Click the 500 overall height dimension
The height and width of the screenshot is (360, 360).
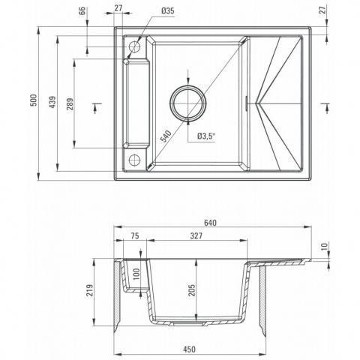(x=34, y=100)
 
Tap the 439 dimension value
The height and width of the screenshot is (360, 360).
(x=52, y=102)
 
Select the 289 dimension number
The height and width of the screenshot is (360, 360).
(x=70, y=104)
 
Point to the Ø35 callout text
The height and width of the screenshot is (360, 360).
(x=168, y=11)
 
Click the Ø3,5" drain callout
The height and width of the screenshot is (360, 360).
(x=206, y=136)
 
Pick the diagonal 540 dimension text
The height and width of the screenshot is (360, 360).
(x=166, y=136)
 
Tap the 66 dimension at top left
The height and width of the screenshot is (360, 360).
(x=82, y=11)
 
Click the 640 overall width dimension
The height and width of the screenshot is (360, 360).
(x=210, y=223)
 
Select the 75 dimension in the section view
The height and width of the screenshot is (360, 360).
(x=135, y=235)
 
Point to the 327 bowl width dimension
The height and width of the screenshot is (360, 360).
(x=196, y=235)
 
